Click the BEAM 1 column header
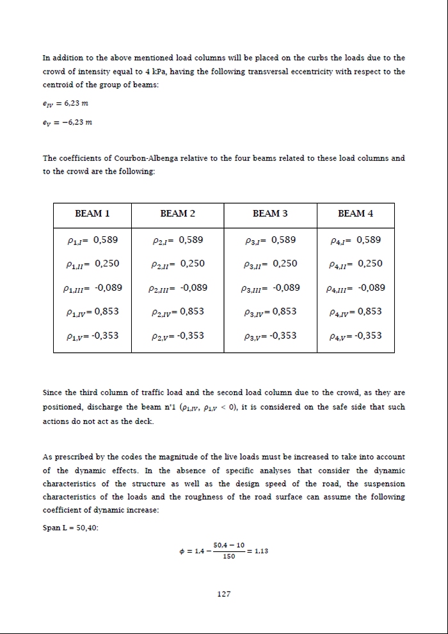pos(92,213)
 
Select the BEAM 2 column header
pos(177,213)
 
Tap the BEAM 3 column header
pos(270,213)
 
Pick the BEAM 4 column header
pos(355,213)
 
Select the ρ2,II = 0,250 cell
pos(179,264)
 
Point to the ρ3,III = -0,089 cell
pos(271,288)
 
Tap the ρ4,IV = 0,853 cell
pos(355,312)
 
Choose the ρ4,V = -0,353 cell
pos(355,336)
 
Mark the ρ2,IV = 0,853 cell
pos(179,312)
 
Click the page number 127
pos(224,594)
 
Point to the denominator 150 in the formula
pos(228,557)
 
